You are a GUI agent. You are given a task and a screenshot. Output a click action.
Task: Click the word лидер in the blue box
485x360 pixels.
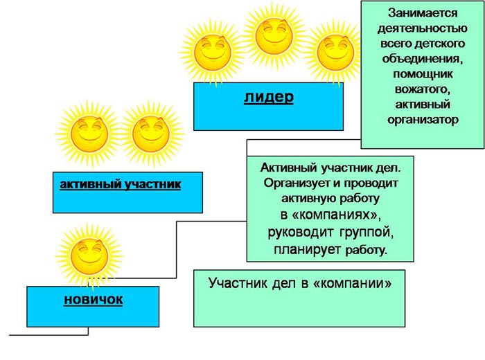268,96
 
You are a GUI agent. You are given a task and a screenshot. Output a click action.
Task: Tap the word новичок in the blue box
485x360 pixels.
93,299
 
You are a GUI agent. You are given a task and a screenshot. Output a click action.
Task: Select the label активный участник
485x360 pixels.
120,184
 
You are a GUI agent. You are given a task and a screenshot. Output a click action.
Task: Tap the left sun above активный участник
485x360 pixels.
88,133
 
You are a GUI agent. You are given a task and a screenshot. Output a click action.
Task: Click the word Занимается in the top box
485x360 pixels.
422,12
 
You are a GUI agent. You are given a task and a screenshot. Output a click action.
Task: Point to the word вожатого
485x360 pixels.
422,89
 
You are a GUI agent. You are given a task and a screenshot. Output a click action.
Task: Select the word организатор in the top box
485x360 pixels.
422,120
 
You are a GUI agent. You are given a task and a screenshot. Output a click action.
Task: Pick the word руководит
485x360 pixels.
297,231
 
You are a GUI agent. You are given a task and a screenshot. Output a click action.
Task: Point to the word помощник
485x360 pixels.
422,74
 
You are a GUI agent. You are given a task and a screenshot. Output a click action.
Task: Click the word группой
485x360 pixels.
364,231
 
